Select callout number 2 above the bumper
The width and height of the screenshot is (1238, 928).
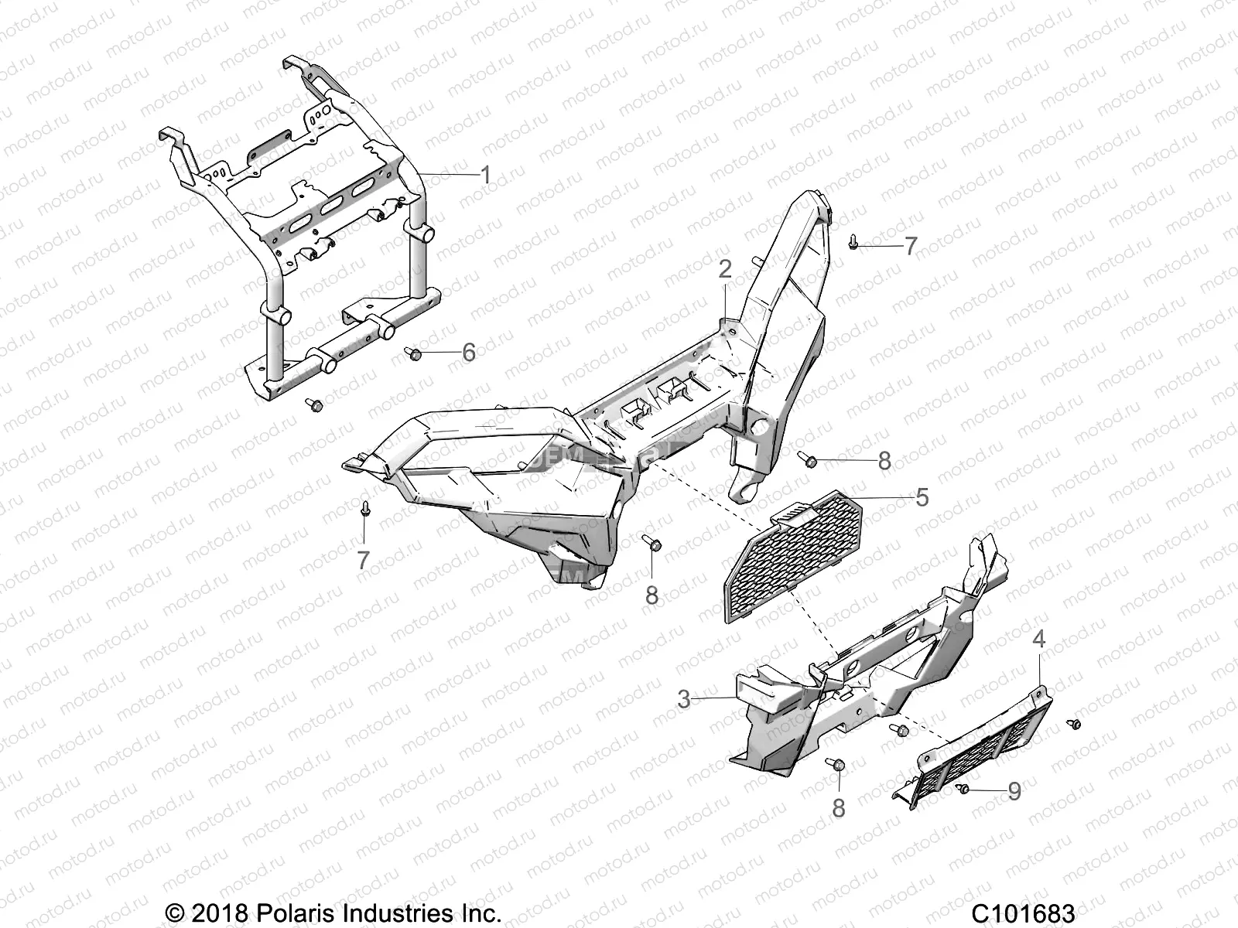click(724, 269)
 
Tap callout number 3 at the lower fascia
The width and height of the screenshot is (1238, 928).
click(683, 699)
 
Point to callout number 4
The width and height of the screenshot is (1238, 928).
click(1039, 639)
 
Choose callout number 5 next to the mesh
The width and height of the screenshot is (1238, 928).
click(922, 496)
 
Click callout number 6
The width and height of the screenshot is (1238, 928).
click(468, 353)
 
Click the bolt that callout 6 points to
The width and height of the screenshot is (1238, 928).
click(412, 353)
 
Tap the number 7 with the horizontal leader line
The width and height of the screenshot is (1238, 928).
click(910, 246)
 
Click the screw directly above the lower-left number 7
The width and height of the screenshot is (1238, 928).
click(364, 509)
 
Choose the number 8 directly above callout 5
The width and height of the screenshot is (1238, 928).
click(884, 461)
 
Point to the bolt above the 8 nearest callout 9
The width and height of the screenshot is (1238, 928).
click(838, 764)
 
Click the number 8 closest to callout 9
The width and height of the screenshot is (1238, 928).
click(838, 808)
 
